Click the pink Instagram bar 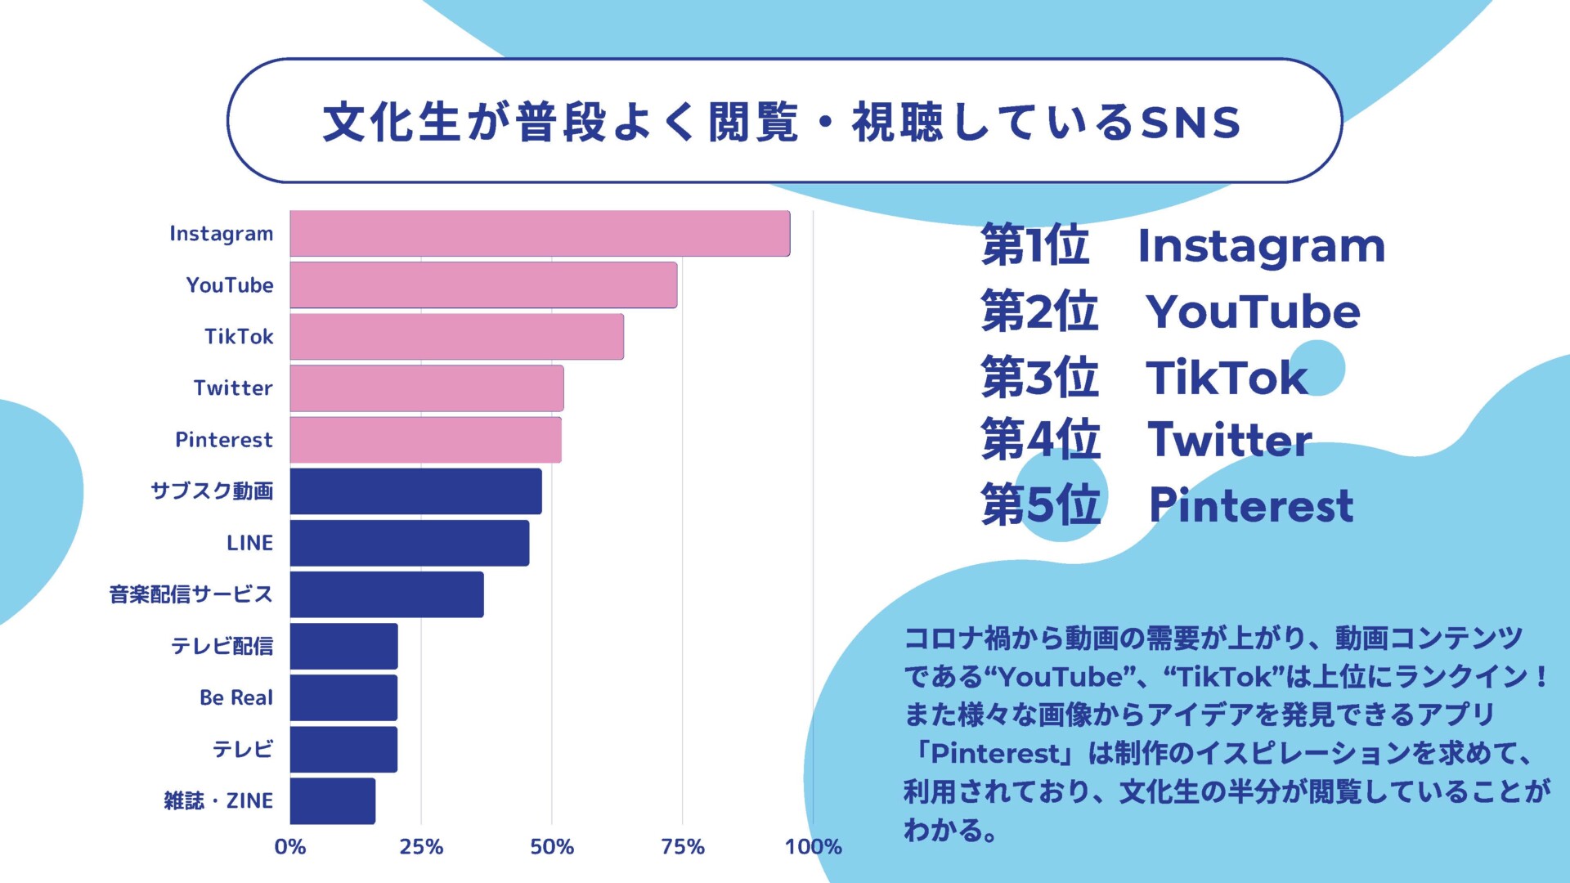pos(540,234)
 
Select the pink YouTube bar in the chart pos(483,285)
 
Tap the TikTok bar pos(456,337)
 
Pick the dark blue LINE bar pos(409,543)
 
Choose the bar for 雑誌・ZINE pos(332,801)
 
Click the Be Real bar pos(343,698)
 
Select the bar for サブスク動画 pos(415,491)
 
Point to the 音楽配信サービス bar pos(386,594)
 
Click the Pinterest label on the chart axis pos(223,440)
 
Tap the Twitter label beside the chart pos(232,388)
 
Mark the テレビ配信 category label pos(222,646)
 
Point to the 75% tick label pos(682,847)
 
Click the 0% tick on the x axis pos(290,847)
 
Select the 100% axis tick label pos(813,847)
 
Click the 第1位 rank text pos(1034,245)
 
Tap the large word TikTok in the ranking pos(1226,377)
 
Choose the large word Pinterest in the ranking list pos(1251,505)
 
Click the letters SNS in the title pos(1191,123)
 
